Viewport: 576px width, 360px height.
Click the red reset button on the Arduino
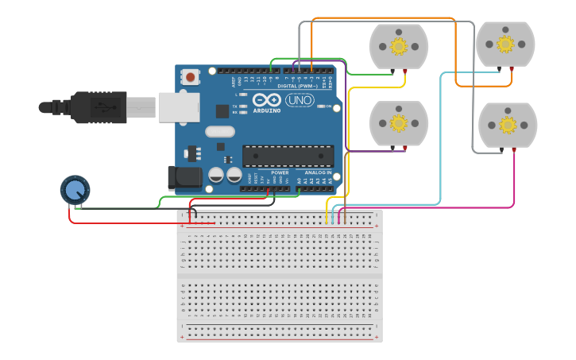click(x=191, y=77)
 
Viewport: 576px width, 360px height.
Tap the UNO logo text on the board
click(x=300, y=100)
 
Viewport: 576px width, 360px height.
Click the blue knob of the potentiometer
click(x=75, y=190)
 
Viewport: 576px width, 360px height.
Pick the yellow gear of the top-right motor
click(x=505, y=44)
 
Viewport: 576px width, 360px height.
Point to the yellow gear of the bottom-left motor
click(x=399, y=123)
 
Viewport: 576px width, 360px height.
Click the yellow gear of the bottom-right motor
click(x=508, y=125)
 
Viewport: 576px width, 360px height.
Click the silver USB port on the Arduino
click(x=179, y=107)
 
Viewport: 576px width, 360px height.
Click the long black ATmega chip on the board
click(x=288, y=156)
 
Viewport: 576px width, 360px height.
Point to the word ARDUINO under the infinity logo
click(x=268, y=110)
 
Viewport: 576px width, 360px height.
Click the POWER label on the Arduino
click(x=280, y=172)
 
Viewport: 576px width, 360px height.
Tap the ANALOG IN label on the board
click(x=318, y=172)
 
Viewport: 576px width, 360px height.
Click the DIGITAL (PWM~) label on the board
click(x=303, y=86)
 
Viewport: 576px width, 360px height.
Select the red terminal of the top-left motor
click(x=405, y=72)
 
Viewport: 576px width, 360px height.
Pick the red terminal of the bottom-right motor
click(x=514, y=150)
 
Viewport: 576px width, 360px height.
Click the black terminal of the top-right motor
click(x=500, y=69)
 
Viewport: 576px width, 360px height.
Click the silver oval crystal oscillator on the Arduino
click(x=222, y=132)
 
